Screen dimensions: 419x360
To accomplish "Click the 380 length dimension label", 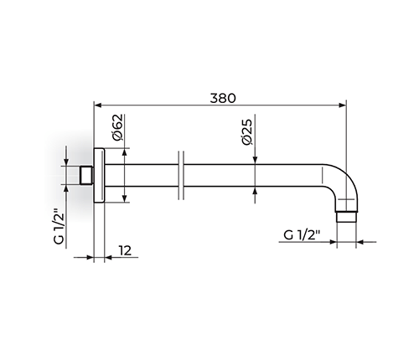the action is (223, 98).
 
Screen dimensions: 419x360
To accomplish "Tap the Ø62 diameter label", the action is (117, 127).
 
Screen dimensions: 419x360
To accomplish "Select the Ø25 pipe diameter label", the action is (247, 131).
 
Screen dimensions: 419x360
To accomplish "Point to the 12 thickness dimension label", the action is (126, 250).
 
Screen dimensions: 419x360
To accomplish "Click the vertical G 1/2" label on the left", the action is (59, 225).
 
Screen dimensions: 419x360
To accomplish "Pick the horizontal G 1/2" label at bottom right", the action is (302, 235).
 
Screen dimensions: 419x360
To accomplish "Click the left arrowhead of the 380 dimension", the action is (97, 105).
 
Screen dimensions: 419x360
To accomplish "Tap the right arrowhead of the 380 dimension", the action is (343, 105).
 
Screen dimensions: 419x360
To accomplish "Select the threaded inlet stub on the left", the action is (86, 176).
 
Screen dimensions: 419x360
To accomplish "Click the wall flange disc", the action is (99, 176).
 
